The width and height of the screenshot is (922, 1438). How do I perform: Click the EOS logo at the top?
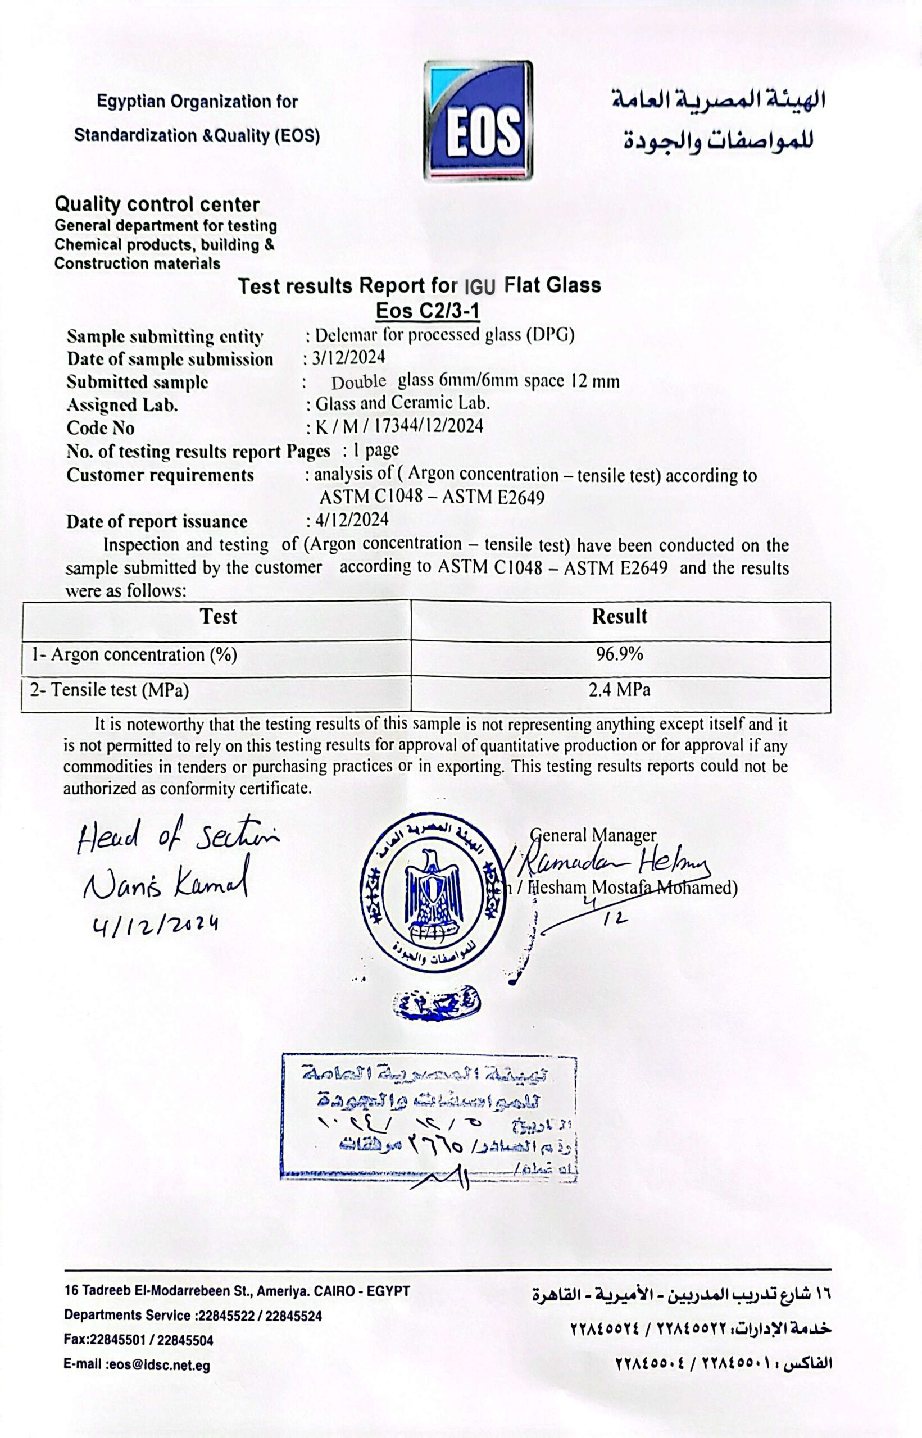tap(478, 120)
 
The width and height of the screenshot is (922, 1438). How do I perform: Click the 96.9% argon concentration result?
tap(619, 654)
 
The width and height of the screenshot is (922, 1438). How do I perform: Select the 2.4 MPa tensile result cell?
tap(619, 690)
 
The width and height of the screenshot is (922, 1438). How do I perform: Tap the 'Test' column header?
tap(218, 616)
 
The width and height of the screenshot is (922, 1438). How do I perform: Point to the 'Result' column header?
tap(619, 616)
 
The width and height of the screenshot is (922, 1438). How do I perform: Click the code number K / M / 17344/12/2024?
tap(399, 427)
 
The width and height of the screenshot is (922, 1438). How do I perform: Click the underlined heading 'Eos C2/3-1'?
tap(427, 311)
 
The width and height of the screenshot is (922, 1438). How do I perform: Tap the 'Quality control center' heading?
tap(157, 204)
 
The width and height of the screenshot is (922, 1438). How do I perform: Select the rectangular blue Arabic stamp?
tap(429, 1117)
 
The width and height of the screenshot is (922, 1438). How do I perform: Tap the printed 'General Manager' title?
tap(593, 835)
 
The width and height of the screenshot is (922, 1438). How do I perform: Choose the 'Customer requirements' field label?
tap(160, 475)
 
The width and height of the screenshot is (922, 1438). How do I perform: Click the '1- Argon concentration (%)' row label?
tap(134, 654)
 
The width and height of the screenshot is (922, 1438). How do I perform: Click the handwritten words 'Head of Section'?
tap(178, 836)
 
